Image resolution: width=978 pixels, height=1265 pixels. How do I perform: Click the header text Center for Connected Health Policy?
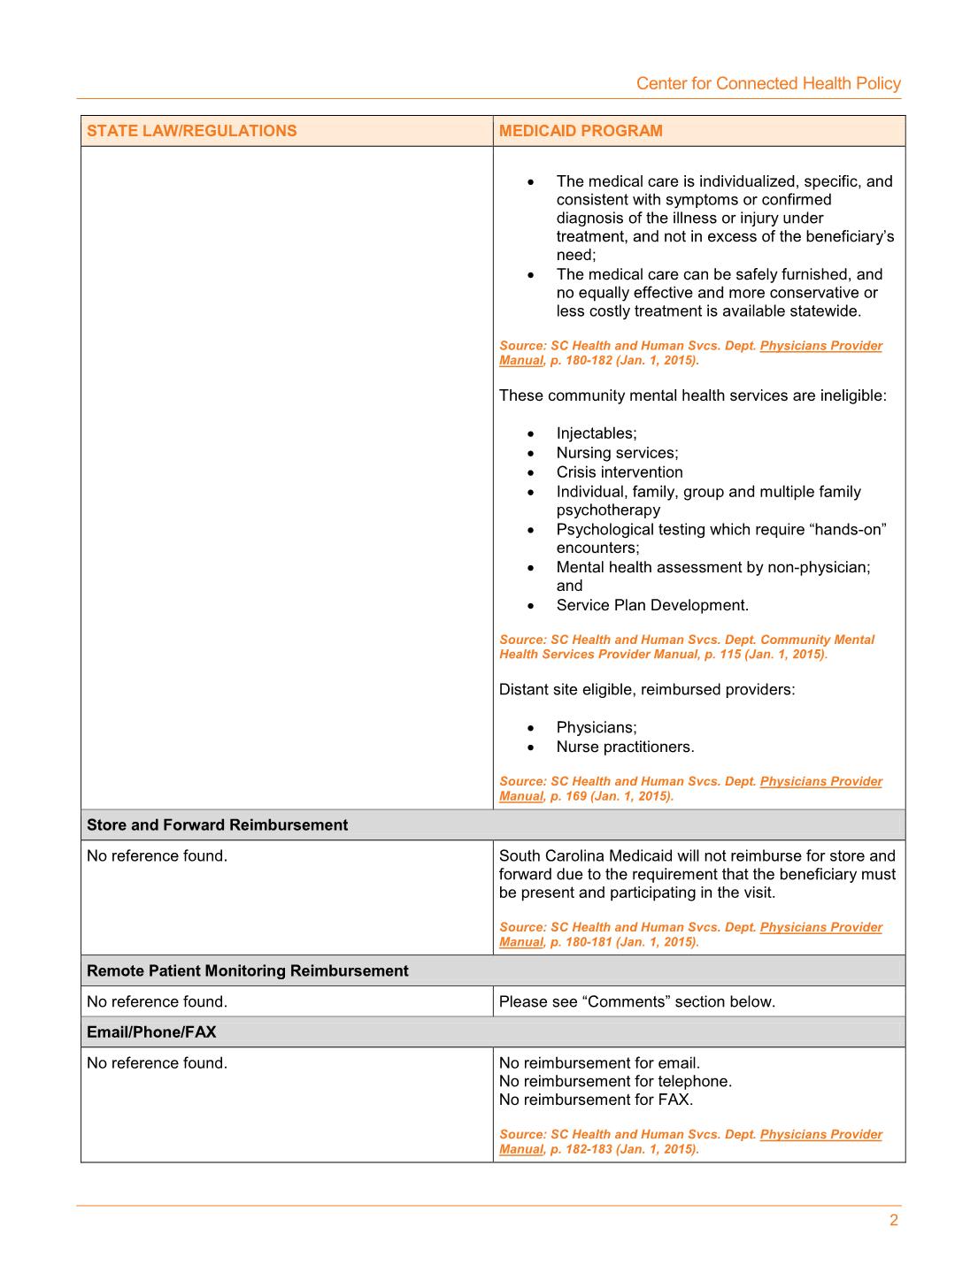pyautogui.click(x=767, y=83)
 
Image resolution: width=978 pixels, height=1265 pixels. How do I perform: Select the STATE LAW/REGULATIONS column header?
pyautogui.click(x=191, y=131)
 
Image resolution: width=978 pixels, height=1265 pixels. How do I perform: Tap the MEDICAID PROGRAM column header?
pyautogui.click(x=581, y=131)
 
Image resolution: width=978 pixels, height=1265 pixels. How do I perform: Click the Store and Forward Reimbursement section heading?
pyautogui.click(x=217, y=824)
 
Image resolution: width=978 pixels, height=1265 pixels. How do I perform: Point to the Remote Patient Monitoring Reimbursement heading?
pyautogui.click(x=247, y=970)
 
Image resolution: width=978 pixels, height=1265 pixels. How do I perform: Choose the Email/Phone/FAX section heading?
pyautogui.click(x=151, y=1031)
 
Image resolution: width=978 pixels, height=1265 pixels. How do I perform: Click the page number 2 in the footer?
pyautogui.click(x=893, y=1220)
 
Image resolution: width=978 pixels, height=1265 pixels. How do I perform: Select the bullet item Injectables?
pyautogui.click(x=596, y=433)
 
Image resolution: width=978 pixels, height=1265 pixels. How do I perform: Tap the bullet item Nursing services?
pyautogui.click(x=617, y=452)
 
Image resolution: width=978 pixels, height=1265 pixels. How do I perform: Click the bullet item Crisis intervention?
pyautogui.click(x=620, y=471)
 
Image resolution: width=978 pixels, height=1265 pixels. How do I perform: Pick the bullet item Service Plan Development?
pyautogui.click(x=652, y=605)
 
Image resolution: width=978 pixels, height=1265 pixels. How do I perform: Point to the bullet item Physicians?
pyautogui.click(x=596, y=727)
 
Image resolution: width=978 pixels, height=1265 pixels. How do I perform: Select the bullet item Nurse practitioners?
pyautogui.click(x=625, y=747)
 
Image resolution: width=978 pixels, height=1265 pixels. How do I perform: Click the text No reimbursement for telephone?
pyautogui.click(x=615, y=1081)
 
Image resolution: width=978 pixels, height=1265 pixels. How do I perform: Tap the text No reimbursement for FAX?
pyautogui.click(x=596, y=1100)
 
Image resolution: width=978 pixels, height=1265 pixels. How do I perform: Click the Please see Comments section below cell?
pyautogui.click(x=636, y=1001)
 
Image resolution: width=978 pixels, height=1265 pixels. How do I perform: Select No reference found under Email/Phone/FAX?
pyautogui.click(x=157, y=1062)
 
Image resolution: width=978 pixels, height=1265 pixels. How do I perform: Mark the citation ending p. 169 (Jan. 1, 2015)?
pyautogui.click(x=690, y=788)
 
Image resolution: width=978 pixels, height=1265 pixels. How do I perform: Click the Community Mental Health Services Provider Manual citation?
pyautogui.click(x=686, y=647)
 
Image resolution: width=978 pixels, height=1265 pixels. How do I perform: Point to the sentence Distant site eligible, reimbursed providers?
pyautogui.click(x=647, y=689)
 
